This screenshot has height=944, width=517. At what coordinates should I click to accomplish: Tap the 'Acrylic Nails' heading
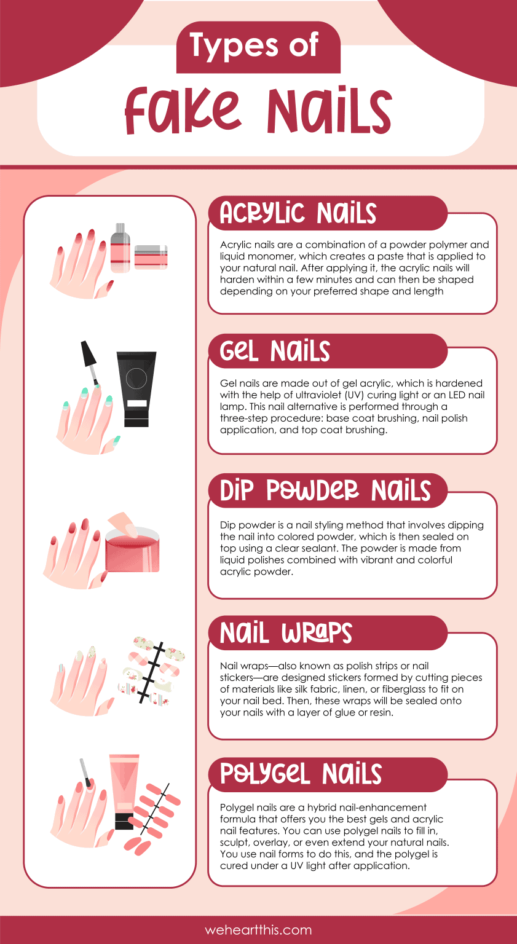[x=298, y=213]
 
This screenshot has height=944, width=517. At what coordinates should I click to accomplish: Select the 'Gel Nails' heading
[x=275, y=352]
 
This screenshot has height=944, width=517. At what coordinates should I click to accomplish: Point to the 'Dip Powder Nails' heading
[x=325, y=491]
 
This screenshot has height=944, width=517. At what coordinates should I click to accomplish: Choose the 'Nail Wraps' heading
[x=286, y=633]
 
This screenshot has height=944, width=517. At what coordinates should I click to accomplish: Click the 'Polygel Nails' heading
[x=301, y=774]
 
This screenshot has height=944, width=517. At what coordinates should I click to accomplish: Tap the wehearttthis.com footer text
[x=258, y=930]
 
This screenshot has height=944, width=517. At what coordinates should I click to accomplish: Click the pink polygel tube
[x=124, y=793]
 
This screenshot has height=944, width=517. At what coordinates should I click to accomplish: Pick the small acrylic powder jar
[x=151, y=257]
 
